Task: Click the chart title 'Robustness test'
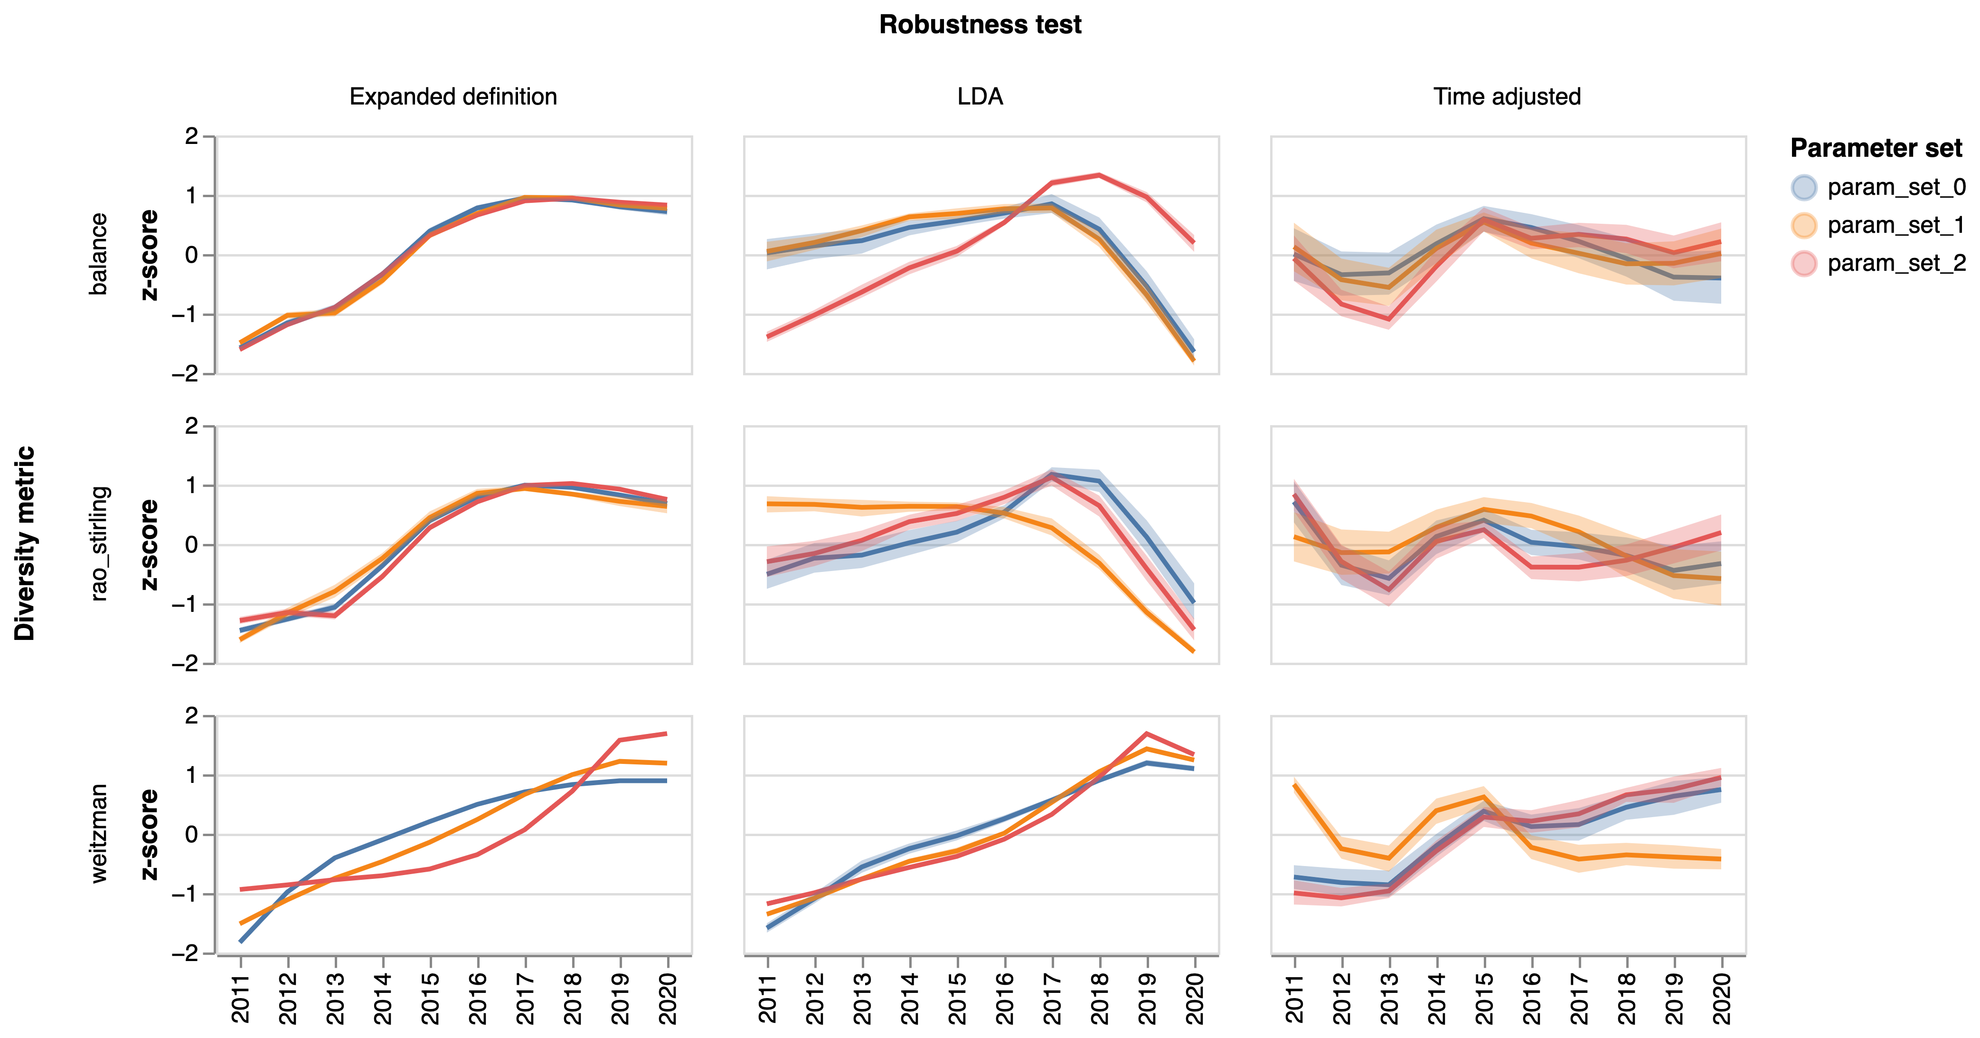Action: pyautogui.click(x=980, y=25)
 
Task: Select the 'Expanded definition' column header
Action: pyautogui.click(x=453, y=97)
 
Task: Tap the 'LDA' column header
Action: pyautogui.click(x=980, y=97)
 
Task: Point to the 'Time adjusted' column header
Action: pyautogui.click(x=1507, y=97)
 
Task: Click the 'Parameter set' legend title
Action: pyautogui.click(x=1876, y=148)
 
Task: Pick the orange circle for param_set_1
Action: pyautogui.click(x=1804, y=225)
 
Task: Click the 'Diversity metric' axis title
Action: pyautogui.click(x=25, y=543)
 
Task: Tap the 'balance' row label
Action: pyautogui.click(x=98, y=255)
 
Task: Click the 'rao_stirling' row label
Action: pyautogui.click(x=98, y=543)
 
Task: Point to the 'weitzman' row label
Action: pyautogui.click(x=98, y=833)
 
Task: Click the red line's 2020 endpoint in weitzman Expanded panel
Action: pyautogui.click(x=666, y=733)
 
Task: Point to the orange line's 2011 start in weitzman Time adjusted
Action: pyautogui.click(x=1295, y=786)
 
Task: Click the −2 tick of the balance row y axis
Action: pyautogui.click(x=185, y=374)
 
